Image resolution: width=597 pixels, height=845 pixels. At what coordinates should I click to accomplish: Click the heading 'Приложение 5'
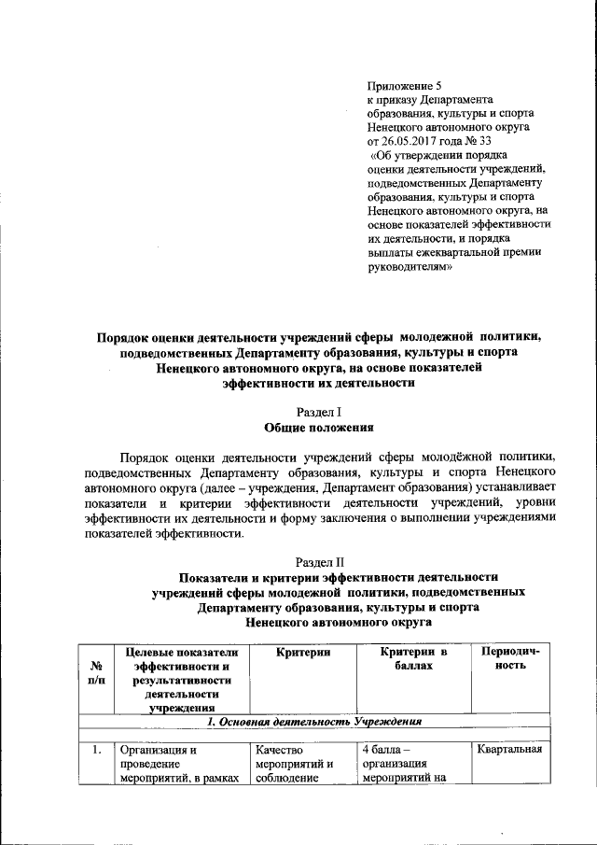(402, 85)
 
